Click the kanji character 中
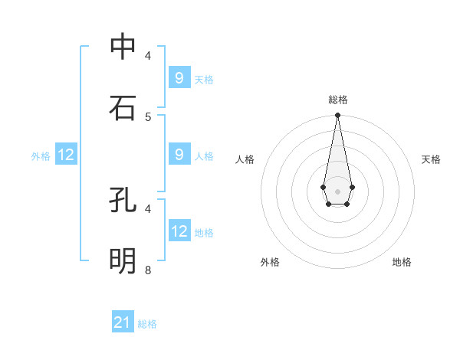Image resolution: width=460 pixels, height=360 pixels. pyautogui.click(x=123, y=47)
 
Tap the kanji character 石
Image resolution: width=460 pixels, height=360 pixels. pyautogui.click(x=123, y=108)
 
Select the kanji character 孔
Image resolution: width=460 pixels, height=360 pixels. pyautogui.click(x=123, y=200)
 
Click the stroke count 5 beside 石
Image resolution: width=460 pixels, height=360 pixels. pyautogui.click(x=148, y=116)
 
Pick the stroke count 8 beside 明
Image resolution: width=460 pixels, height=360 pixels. pyautogui.click(x=148, y=270)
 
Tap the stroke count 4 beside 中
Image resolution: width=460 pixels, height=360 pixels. pyautogui.click(x=148, y=55)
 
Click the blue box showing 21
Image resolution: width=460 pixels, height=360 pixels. pyautogui.click(x=123, y=322)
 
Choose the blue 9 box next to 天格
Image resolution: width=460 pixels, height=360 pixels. pyautogui.click(x=179, y=78)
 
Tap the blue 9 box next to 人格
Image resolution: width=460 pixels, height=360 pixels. pyautogui.click(x=179, y=155)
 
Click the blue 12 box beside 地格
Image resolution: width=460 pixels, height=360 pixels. pyautogui.click(x=179, y=231)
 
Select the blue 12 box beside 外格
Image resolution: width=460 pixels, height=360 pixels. pyautogui.click(x=66, y=155)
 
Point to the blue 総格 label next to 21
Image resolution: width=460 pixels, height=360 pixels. pyautogui.click(x=147, y=324)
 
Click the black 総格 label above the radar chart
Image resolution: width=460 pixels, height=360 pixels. pyautogui.click(x=337, y=100)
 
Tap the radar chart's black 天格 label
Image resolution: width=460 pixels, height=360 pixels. pyautogui.click(x=431, y=159)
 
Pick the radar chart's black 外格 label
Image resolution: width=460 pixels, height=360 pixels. pyautogui.click(x=270, y=262)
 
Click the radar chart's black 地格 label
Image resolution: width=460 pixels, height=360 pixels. pyautogui.click(x=402, y=262)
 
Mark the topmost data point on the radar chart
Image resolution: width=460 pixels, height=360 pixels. pyautogui.click(x=337, y=116)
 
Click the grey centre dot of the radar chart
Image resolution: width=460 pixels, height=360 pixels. pyautogui.click(x=337, y=190)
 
